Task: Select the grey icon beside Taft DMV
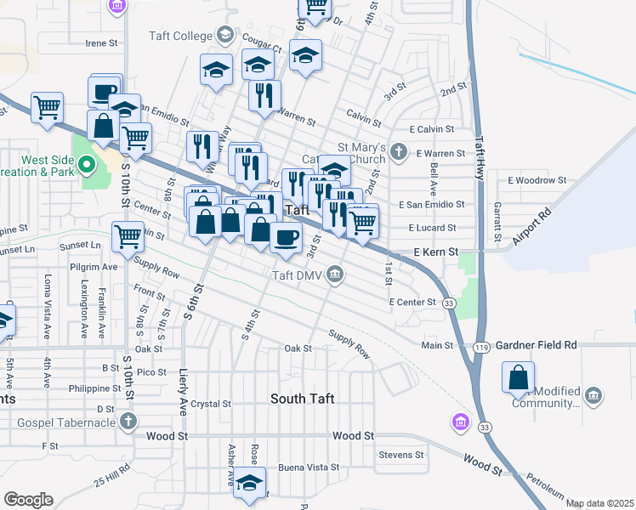click(336, 274)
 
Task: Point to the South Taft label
click(302, 399)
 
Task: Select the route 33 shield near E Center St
click(449, 302)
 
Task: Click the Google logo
click(28, 500)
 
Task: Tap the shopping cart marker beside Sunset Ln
click(128, 237)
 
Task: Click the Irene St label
click(100, 42)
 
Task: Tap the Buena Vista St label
click(309, 467)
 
